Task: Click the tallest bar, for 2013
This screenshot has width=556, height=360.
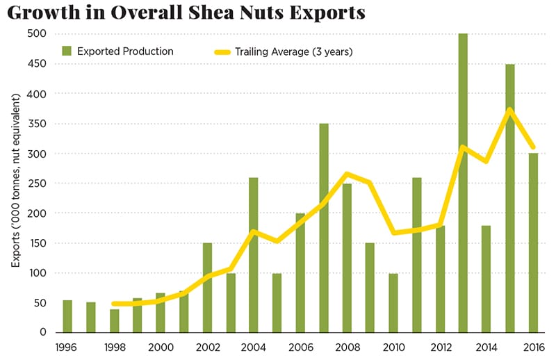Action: (x=463, y=183)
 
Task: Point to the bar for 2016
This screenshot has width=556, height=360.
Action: (x=533, y=243)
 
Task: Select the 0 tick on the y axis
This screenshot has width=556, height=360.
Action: (x=42, y=333)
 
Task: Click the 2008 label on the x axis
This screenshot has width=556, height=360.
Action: (x=346, y=346)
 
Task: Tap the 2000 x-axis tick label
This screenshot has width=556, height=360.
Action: (x=161, y=346)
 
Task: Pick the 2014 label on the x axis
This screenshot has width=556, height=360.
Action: (x=486, y=346)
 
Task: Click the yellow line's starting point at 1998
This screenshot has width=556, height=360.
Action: (x=114, y=304)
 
